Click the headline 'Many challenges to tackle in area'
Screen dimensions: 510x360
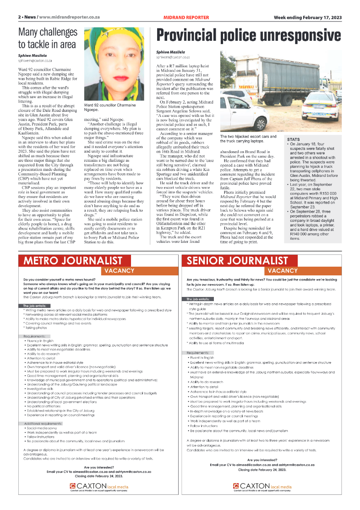[47, 38]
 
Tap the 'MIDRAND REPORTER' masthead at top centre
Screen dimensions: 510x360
[186, 17]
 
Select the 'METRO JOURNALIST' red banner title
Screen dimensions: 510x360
[73, 261]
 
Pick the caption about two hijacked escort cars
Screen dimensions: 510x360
[249, 139]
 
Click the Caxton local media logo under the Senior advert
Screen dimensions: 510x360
[262, 486]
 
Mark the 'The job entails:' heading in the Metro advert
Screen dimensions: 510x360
[35, 305]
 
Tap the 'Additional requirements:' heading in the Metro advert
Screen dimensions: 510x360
[44, 423]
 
